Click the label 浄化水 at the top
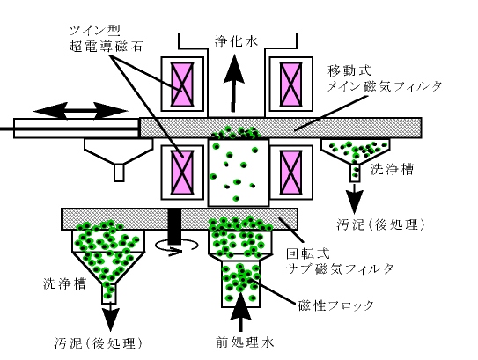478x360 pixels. (236, 40)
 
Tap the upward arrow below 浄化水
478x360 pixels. (234, 83)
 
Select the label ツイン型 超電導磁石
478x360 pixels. (106, 39)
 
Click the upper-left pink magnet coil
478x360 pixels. (182, 84)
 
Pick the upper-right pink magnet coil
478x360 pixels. (290, 84)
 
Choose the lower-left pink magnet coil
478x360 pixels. (182, 173)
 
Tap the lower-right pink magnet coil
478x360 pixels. (290, 173)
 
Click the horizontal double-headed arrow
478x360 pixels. (80, 111)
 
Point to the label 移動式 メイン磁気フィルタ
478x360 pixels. (385, 79)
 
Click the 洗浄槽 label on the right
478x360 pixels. (392, 169)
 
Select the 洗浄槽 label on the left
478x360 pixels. (64, 283)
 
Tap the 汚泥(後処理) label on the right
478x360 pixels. (381, 224)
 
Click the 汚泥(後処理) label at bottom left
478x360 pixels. (99, 343)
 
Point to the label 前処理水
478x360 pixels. (245, 342)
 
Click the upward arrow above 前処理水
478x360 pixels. (241, 312)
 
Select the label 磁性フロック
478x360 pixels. (336, 305)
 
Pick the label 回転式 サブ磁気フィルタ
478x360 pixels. (340, 261)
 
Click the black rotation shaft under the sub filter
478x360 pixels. (175, 226)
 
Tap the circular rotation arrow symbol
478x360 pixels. (177, 247)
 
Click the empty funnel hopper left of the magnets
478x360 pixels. (119, 159)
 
